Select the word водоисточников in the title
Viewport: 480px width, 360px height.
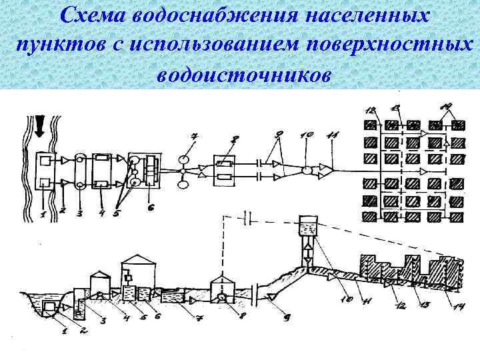(x=243, y=74)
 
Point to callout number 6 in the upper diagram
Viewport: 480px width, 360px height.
(x=151, y=208)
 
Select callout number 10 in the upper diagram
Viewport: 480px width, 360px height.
(x=307, y=135)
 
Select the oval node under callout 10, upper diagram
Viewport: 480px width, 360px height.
(x=307, y=171)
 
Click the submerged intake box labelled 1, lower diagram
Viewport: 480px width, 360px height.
(x=49, y=307)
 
